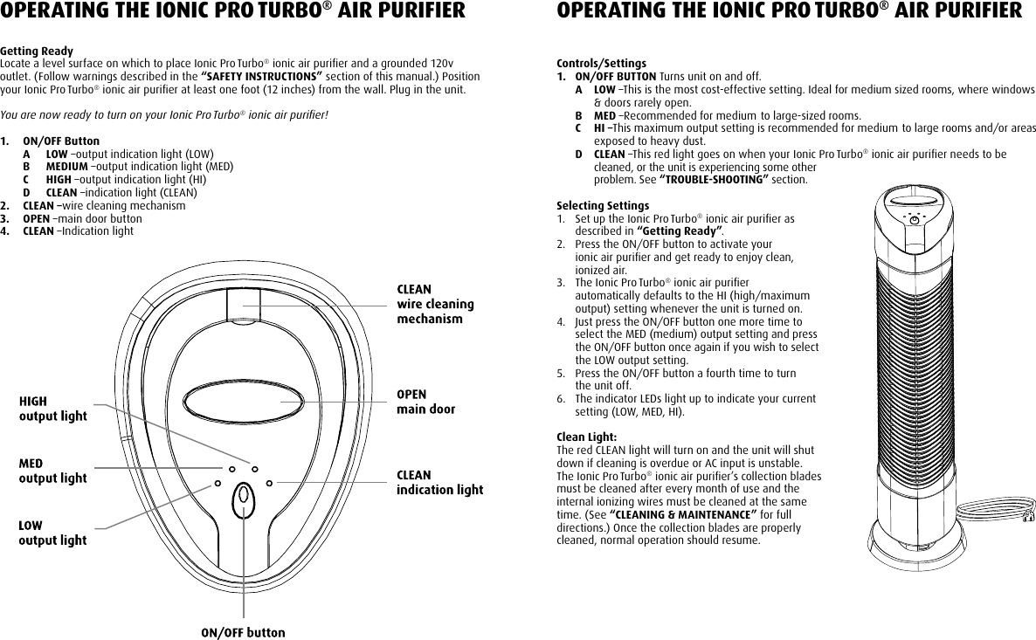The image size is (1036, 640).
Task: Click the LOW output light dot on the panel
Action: [217, 483]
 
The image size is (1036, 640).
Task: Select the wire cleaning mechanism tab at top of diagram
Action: [244, 306]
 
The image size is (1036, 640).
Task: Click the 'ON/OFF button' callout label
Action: [243, 632]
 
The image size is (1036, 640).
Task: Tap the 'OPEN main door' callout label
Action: [426, 402]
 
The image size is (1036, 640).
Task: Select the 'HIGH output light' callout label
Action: [53, 408]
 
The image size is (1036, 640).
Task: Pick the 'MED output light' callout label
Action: [53, 471]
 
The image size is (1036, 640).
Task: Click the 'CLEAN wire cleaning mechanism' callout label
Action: [435, 304]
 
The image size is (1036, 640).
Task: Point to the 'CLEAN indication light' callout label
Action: [439, 483]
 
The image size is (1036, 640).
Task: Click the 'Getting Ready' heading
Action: [37, 52]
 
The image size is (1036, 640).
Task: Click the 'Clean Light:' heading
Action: [587, 437]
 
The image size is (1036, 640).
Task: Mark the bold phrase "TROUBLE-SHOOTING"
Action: [712, 180]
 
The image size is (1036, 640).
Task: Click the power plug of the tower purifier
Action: [1028, 517]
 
